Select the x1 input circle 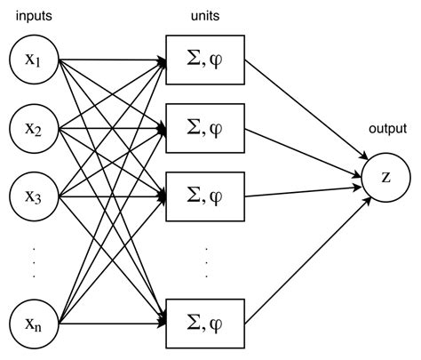click(x=32, y=60)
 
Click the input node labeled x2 click(x=32, y=130)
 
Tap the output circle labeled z click(x=385, y=175)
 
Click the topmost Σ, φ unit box click(x=204, y=60)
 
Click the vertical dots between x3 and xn click(x=32, y=259)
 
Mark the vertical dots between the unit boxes click(x=205, y=259)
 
